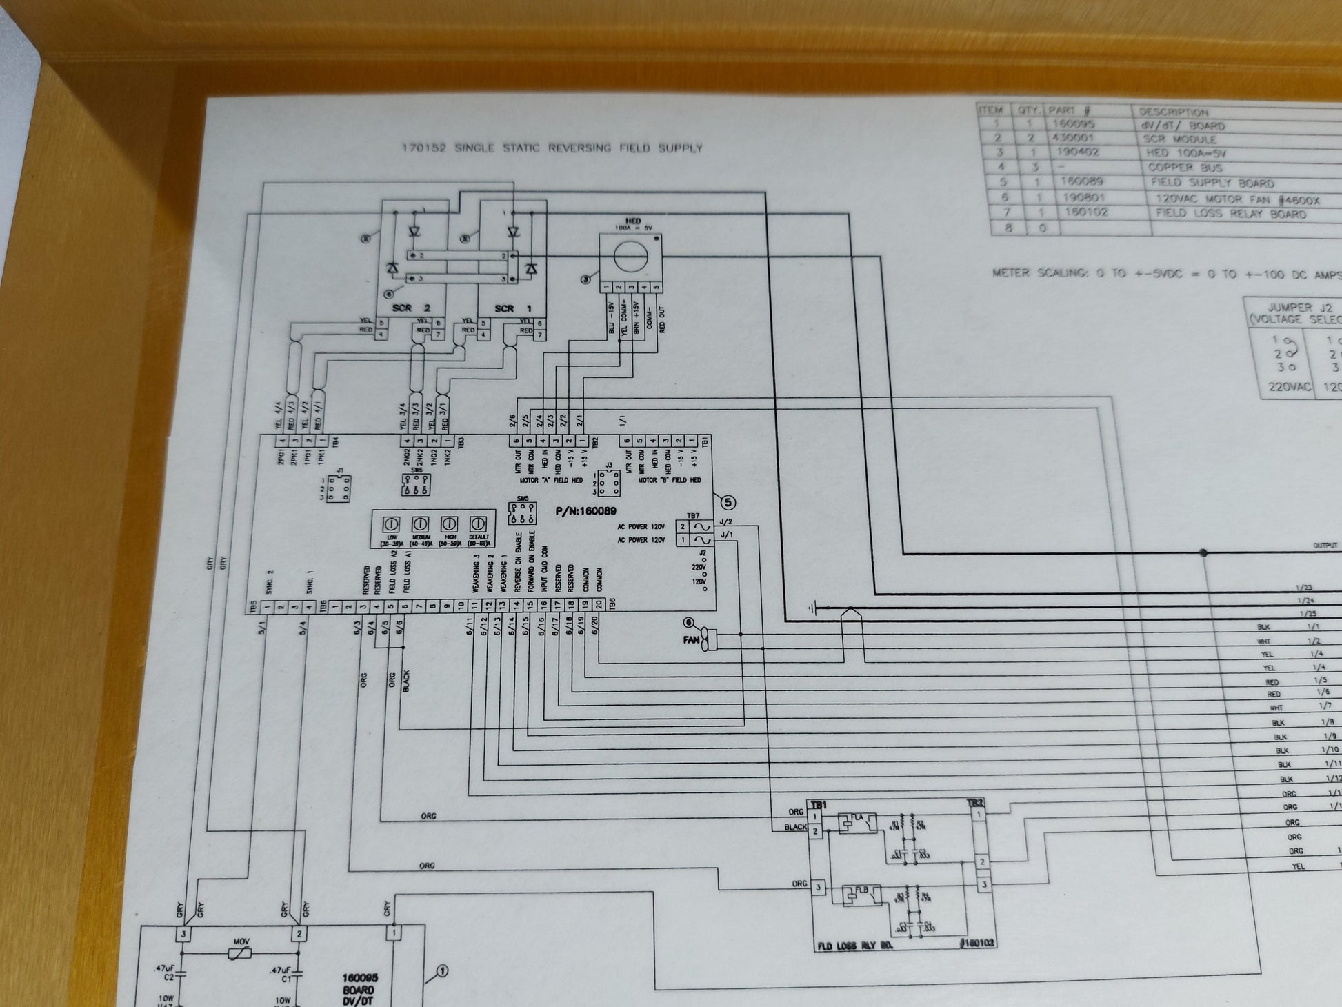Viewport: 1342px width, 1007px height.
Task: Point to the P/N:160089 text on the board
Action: click(585, 511)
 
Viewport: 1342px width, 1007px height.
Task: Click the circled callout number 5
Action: click(728, 502)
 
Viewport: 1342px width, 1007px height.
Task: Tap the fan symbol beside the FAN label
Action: click(709, 640)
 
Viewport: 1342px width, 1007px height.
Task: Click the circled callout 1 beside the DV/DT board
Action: click(442, 971)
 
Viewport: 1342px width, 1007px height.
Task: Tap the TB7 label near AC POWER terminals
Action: click(692, 515)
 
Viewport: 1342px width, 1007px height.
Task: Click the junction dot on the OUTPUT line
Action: click(1203, 552)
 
